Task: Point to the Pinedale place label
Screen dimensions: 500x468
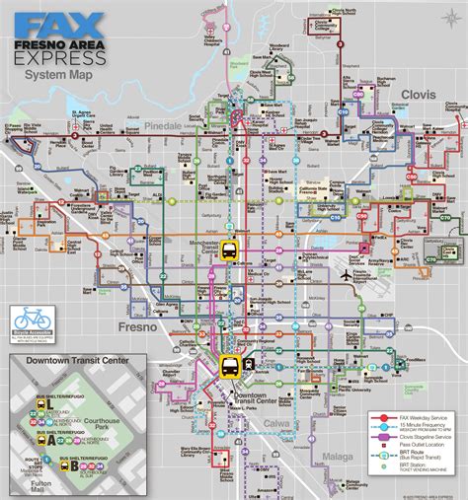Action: [x=160, y=127]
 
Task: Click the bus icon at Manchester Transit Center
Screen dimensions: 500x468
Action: [x=229, y=250]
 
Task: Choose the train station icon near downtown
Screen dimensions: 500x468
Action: [x=251, y=361]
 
